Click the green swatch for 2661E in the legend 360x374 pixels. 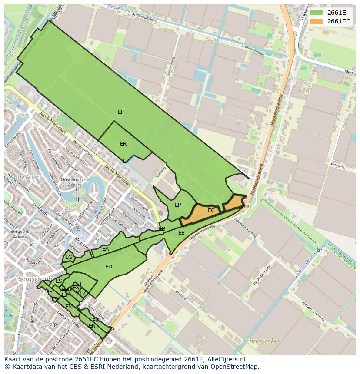[316, 13]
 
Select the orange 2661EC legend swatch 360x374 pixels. [316, 21]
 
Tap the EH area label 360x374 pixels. [121, 112]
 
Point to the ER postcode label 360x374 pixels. [123, 144]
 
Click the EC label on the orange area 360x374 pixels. [211, 210]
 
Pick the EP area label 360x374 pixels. [178, 205]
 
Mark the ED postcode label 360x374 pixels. [109, 267]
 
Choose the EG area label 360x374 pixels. [69, 257]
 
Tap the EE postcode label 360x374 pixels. [181, 233]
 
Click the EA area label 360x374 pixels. [106, 249]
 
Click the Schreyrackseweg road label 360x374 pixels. [245, 228]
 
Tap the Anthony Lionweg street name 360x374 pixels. [313, 311]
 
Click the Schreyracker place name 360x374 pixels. [261, 341]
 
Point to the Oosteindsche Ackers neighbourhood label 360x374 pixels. [75, 182]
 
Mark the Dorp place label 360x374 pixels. [52, 324]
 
